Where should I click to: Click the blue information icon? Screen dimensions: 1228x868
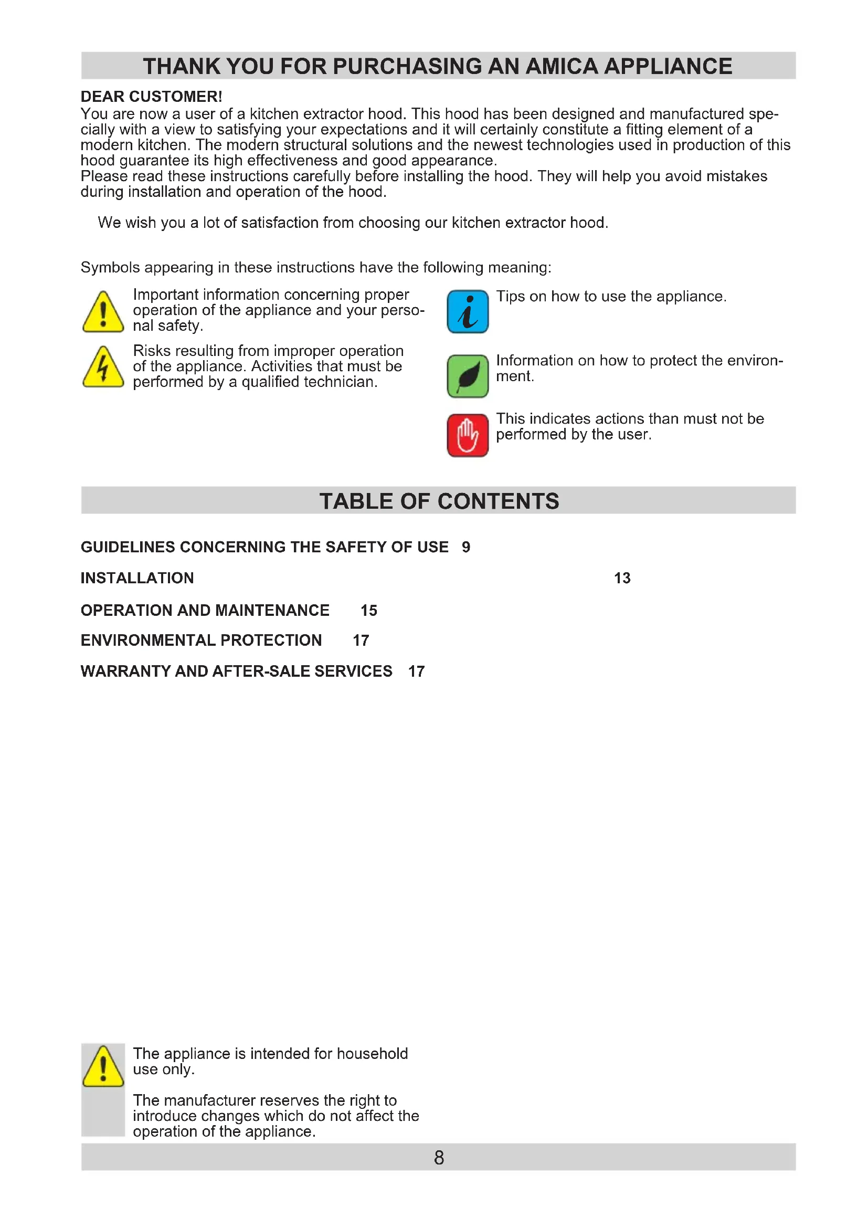(467, 311)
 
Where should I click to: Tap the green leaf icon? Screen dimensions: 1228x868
(467, 376)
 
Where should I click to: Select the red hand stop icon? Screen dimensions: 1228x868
(467, 435)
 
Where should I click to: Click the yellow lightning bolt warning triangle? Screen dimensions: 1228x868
(103, 368)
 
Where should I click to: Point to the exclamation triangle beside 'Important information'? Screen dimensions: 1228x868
(103, 312)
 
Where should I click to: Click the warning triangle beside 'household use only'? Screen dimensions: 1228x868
(103, 1066)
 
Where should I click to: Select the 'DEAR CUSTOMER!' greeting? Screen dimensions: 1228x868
(151, 97)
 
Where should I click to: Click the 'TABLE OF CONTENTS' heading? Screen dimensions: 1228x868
(439, 501)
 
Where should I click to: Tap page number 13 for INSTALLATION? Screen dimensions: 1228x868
(622, 578)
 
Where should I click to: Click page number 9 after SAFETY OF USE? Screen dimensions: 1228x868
(466, 547)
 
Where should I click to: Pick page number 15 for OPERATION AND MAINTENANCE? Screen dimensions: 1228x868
(369, 610)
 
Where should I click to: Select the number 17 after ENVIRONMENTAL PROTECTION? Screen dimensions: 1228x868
(361, 640)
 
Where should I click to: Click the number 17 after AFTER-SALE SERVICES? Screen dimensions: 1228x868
(416, 671)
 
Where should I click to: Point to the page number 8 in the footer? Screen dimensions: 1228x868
(439, 1158)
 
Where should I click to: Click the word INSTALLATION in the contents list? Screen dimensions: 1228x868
(137, 578)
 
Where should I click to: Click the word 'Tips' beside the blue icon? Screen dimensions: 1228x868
(511, 296)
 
